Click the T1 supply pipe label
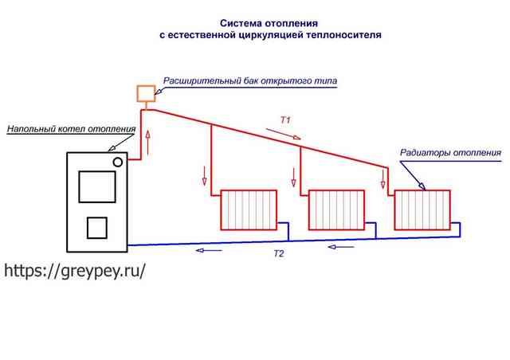[285, 120]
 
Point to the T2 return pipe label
[279, 253]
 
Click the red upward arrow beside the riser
[148, 143]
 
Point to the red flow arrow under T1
[284, 134]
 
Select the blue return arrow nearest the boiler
[209, 250]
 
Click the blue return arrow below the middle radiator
[341, 247]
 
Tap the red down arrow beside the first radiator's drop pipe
[204, 176]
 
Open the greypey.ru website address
[74, 270]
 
